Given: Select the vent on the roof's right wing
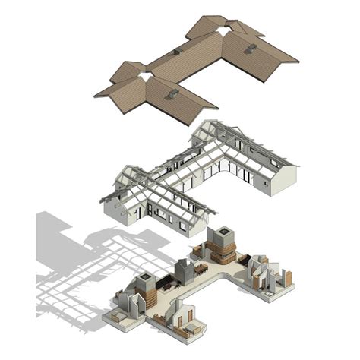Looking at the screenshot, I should coord(251,48).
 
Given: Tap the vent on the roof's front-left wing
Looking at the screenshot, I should coord(172,95).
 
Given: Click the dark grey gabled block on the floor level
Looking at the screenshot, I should coord(184,271).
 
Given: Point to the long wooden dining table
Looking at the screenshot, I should coord(201,267).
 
